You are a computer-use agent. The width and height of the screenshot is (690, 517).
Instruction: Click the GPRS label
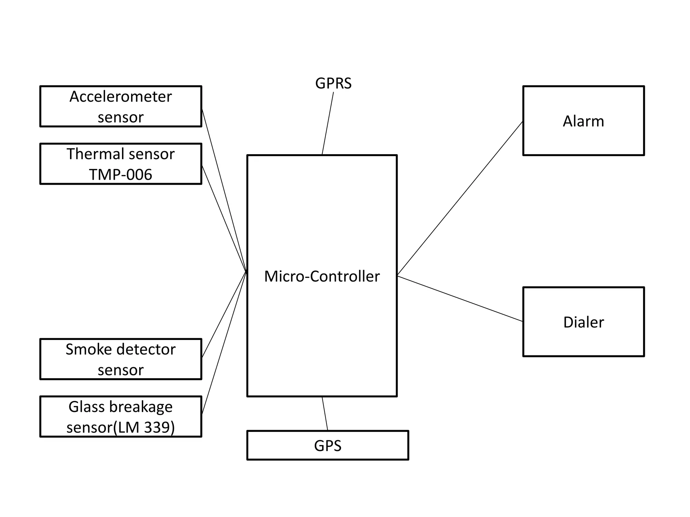[333, 83]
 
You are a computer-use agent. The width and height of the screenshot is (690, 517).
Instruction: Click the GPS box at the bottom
[327, 445]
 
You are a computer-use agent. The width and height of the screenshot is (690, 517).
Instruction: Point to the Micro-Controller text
[322, 276]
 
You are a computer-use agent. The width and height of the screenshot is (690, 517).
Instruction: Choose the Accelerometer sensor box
[121, 106]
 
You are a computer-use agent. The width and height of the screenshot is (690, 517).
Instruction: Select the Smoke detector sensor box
[121, 359]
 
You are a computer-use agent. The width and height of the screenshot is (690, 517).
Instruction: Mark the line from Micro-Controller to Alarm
[460, 199]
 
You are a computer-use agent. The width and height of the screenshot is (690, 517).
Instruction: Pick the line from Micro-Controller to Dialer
[460, 299]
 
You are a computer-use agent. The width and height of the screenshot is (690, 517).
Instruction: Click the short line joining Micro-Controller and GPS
[325, 414]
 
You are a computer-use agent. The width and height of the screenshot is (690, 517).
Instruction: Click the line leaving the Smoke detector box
[224, 314]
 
